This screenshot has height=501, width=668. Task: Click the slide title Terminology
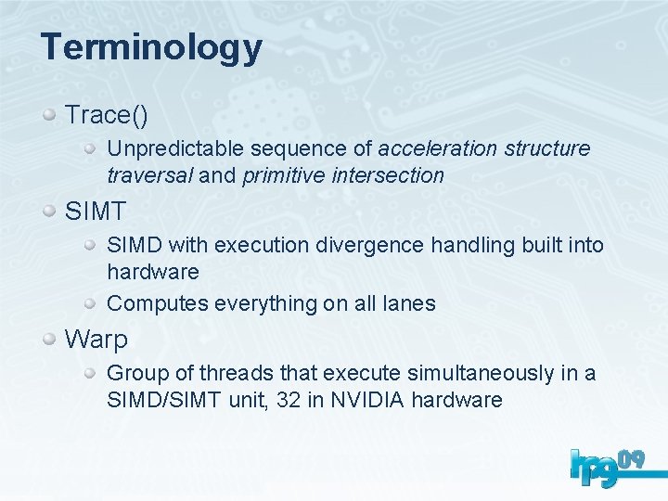[151, 47]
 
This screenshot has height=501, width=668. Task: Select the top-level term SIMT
[95, 212]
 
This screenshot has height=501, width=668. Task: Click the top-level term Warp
[96, 340]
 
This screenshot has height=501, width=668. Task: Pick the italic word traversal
[149, 175]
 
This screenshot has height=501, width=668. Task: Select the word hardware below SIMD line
[153, 272]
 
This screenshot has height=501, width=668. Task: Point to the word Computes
[158, 303]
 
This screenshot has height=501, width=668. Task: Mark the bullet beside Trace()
[51, 115]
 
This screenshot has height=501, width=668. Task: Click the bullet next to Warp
[51, 340]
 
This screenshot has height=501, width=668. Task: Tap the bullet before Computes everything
[92, 302]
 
